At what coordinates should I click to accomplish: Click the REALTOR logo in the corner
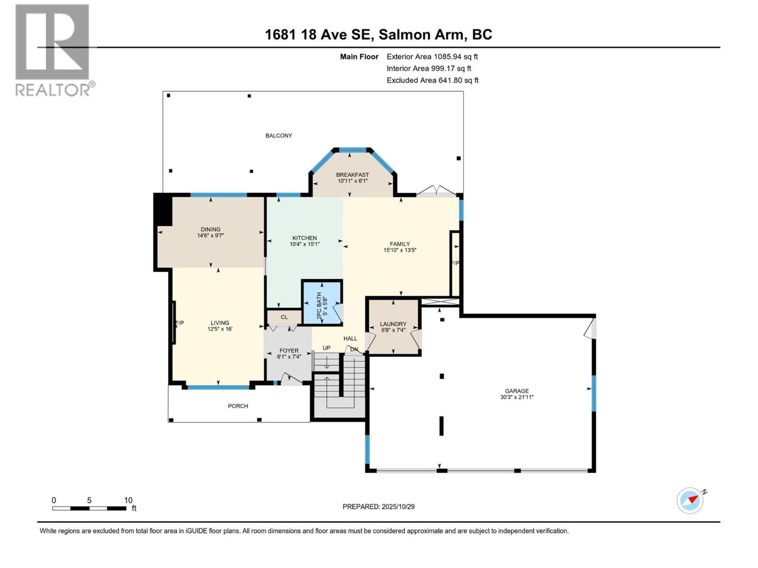pyautogui.click(x=52, y=50)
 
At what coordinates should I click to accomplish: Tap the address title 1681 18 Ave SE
pyautogui.click(x=378, y=35)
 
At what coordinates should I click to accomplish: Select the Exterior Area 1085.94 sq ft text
pyautogui.click(x=432, y=57)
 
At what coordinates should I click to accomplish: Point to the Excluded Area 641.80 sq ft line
pyautogui.click(x=432, y=80)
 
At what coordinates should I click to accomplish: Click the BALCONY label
pyautogui.click(x=279, y=136)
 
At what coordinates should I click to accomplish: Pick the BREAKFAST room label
pyautogui.click(x=352, y=175)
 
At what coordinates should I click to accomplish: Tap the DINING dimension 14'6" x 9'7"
pyautogui.click(x=210, y=235)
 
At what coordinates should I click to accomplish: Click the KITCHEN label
pyautogui.click(x=305, y=238)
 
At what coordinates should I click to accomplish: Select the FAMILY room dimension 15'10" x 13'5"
pyautogui.click(x=400, y=250)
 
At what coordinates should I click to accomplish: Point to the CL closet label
pyautogui.click(x=284, y=317)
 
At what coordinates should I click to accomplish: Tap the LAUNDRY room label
pyautogui.click(x=393, y=324)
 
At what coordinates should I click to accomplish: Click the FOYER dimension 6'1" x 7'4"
pyautogui.click(x=289, y=357)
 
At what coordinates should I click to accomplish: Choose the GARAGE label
pyautogui.click(x=516, y=391)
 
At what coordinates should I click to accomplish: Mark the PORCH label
pyautogui.click(x=238, y=406)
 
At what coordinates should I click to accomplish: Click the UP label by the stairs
pyautogui.click(x=326, y=348)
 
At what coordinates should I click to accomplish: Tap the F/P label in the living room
pyautogui.click(x=180, y=323)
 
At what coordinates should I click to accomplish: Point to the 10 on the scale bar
pyautogui.click(x=128, y=500)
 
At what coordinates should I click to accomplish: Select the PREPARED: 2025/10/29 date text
pyautogui.click(x=379, y=506)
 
